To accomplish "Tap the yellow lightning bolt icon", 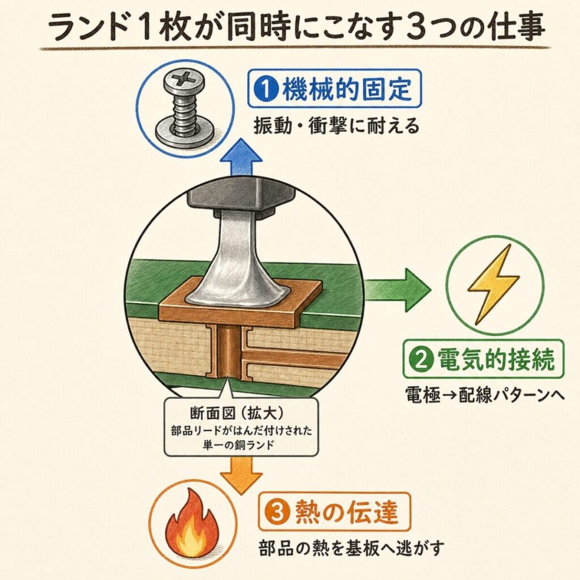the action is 493,284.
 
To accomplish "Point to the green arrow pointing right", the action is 398,289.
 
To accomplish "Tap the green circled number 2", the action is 421,360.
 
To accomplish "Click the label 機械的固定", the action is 347,89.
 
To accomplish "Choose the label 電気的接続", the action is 496,360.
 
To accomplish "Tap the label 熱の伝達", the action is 346,512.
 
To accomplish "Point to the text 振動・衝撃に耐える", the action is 336,126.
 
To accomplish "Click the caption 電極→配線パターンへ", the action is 485,395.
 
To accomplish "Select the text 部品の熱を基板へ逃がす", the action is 351,548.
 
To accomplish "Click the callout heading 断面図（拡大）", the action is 241,413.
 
